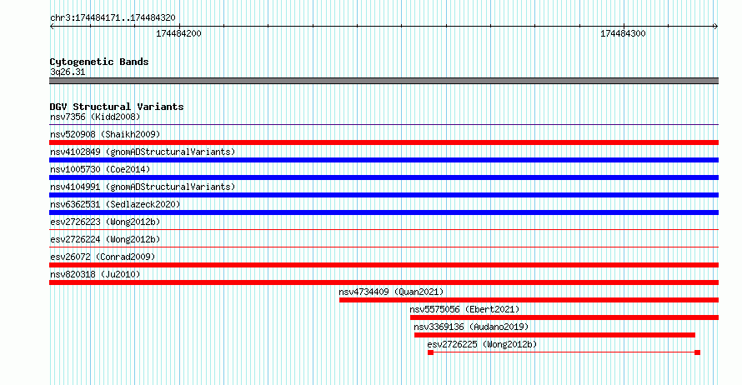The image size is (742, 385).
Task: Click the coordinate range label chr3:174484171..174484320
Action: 113,18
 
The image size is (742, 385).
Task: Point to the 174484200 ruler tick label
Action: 178,33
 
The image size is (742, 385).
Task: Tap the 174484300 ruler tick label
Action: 623,33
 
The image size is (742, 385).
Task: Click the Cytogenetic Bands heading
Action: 99,62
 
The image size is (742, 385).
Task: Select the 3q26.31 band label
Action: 68,72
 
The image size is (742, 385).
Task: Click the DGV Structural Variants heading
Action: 117,107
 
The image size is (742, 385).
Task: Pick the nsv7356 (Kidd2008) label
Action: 95,117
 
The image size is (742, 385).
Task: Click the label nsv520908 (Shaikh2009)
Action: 105,134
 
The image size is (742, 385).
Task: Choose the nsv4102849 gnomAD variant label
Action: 143,152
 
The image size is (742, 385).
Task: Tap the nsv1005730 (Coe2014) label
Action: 100,169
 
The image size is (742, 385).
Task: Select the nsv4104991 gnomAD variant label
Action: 143,187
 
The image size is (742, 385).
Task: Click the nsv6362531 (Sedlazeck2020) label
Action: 115,204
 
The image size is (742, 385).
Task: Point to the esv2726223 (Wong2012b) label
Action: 105,222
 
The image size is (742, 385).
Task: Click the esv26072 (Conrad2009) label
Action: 103,257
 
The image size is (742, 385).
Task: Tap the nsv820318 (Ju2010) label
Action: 95,274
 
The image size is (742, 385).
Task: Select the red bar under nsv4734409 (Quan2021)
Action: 529,300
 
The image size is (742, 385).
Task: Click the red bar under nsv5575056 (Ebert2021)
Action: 564,317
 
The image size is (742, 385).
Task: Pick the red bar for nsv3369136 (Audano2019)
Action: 554,335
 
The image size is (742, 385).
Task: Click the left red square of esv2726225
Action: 431,352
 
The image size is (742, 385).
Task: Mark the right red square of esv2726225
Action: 697,352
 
